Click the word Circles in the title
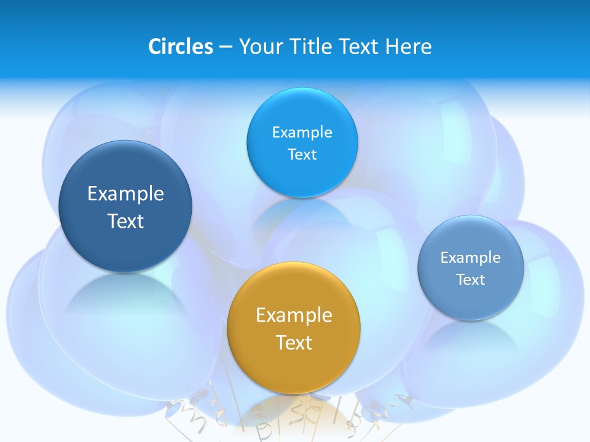click(x=180, y=47)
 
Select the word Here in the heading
click(x=409, y=47)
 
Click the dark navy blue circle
click(x=125, y=206)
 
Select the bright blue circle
click(x=302, y=142)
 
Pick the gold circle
click(x=293, y=328)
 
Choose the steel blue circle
click(x=471, y=268)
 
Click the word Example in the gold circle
click(x=294, y=316)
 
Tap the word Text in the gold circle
click(x=294, y=343)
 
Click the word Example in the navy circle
click(x=125, y=194)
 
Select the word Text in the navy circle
click(x=125, y=221)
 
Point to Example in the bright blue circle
click(x=302, y=132)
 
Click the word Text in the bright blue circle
click(x=302, y=154)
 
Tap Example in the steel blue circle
click(x=471, y=257)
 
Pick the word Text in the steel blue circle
click(x=471, y=279)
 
